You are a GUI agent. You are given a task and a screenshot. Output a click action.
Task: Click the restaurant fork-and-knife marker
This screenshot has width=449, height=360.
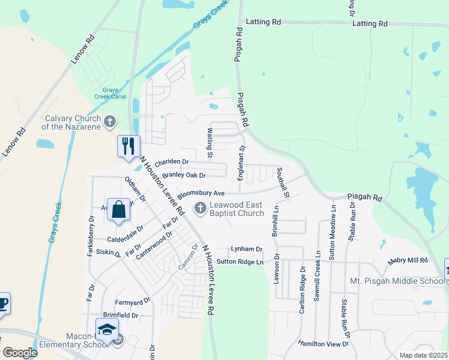click(x=128, y=146)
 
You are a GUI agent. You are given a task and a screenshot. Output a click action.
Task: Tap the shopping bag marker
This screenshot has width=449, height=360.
click(x=119, y=209)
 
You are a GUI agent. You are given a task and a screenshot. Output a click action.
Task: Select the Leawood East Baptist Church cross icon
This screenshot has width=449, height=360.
click(x=200, y=208)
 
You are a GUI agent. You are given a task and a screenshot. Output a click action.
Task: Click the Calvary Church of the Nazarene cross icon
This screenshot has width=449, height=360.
click(x=109, y=122)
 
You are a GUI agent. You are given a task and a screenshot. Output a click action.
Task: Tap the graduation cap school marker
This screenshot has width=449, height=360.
click(x=107, y=331)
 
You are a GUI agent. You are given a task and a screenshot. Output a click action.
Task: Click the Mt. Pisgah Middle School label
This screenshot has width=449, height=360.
click(x=397, y=281)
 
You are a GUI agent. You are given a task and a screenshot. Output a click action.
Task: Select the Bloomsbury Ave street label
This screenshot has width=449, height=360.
click(x=200, y=194)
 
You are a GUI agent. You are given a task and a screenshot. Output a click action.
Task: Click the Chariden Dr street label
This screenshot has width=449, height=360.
click(x=172, y=162)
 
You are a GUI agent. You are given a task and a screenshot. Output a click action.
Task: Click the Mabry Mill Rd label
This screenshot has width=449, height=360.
click(x=408, y=260)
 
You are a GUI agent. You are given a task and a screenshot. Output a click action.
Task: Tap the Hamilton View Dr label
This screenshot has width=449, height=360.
click(x=324, y=343)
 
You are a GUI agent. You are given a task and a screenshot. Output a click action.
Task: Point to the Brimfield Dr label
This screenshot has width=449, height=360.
click(x=120, y=315)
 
